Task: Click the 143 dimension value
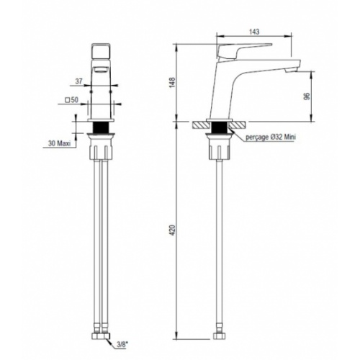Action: pyautogui.click(x=254, y=32)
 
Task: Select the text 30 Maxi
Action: pyautogui.click(x=59, y=143)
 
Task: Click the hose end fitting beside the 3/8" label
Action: pyautogui.click(x=100, y=335)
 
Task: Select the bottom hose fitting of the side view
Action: pyautogui.click(x=217, y=335)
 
